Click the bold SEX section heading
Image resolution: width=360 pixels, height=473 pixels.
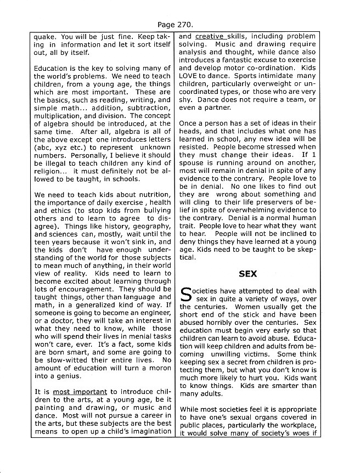point(248,273)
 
